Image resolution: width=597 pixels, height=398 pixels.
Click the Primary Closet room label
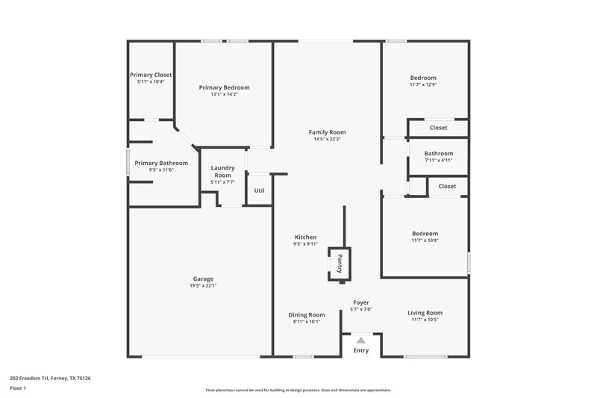pos(151,75)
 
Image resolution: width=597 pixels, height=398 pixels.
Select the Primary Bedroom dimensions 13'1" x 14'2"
pos(224,95)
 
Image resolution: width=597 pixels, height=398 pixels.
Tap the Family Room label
pos(327,132)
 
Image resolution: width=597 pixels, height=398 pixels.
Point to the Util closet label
pos(259,190)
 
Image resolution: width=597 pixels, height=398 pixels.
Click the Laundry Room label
pos(222,172)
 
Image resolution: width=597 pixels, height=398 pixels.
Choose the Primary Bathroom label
pos(161,163)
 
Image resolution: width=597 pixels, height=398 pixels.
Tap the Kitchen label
pos(305,237)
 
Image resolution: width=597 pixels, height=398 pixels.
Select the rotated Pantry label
pos(340,264)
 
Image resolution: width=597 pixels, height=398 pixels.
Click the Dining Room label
pos(307,314)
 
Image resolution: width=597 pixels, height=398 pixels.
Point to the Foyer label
pos(361,302)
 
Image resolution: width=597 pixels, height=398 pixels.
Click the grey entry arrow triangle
pos(360,339)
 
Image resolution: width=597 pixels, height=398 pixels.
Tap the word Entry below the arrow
pos(360,350)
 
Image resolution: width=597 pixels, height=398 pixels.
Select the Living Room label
pos(425,312)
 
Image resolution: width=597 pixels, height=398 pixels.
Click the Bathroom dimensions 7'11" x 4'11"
pos(439,160)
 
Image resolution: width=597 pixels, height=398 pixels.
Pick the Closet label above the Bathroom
pos(438,128)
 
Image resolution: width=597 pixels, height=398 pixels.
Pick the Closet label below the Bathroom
pos(447,186)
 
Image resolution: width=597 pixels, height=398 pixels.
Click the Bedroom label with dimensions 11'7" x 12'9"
pos(423,78)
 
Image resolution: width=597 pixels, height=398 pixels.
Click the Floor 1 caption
pos(18,388)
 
